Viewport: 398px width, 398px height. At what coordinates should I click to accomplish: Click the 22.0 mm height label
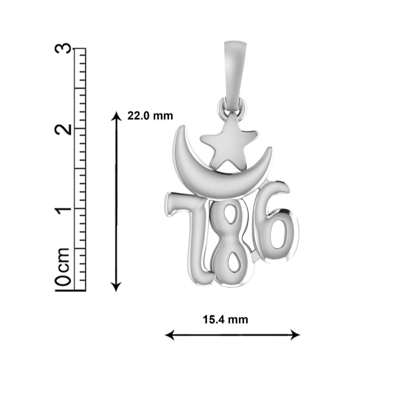(150, 116)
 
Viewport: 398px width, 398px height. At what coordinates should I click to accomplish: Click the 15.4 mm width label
(226, 319)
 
